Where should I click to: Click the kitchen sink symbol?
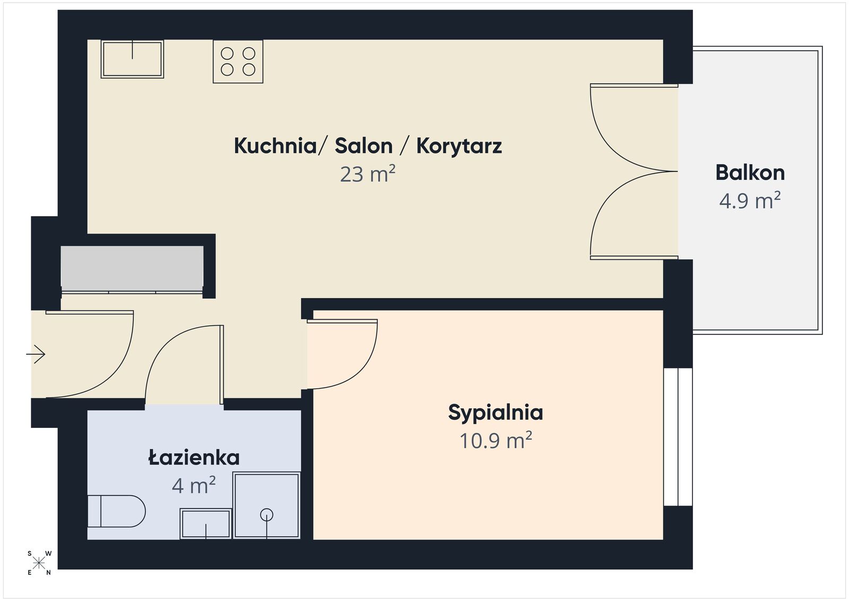coord(132,59)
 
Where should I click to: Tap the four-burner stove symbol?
coord(238,62)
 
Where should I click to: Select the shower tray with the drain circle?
coord(266,505)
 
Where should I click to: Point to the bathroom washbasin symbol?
coord(206,523)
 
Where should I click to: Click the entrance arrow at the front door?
coord(36,354)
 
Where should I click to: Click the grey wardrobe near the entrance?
coord(132,268)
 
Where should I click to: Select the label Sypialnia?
coord(496,413)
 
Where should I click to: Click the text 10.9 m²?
coord(496,441)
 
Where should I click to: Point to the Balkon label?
coord(750,173)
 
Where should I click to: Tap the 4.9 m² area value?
coord(750,201)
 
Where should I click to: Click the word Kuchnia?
coord(275,146)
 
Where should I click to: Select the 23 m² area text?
coord(368,174)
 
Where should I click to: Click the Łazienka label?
coord(194,457)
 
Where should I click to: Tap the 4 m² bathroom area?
coord(194,485)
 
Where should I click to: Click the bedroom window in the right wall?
coord(678,436)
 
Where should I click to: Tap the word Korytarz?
coord(459,146)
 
